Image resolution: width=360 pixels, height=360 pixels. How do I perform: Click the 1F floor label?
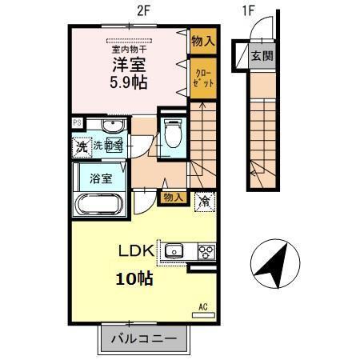[248, 12]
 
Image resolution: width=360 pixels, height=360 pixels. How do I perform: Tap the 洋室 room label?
[128, 63]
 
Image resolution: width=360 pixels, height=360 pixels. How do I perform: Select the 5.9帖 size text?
[128, 82]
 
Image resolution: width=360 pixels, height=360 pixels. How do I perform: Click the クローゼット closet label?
[202, 78]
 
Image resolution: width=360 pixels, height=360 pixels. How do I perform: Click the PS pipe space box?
[78, 122]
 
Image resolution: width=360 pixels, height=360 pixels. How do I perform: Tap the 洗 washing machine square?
[81, 146]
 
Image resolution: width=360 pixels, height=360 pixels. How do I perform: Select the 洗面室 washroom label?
[107, 146]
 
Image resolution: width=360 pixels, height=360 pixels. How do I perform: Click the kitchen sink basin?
[175, 251]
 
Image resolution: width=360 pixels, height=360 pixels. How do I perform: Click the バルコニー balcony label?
[145, 340]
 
